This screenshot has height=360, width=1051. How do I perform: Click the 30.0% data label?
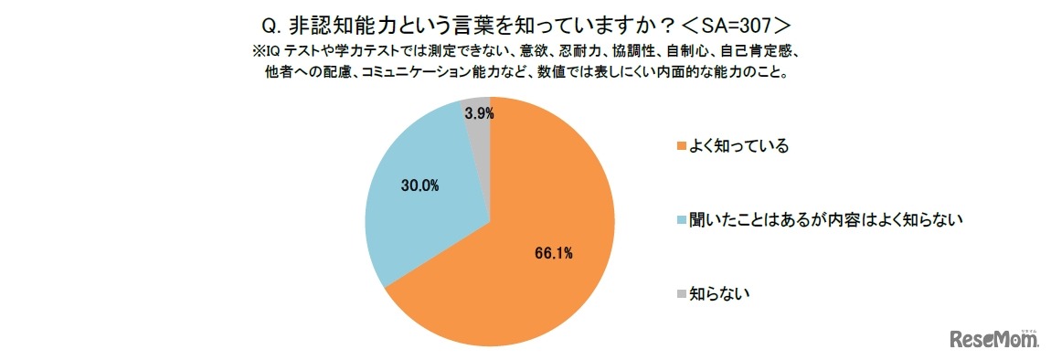pyautogui.click(x=420, y=185)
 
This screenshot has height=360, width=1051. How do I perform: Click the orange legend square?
pyautogui.click(x=680, y=147)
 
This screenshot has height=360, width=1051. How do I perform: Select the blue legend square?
pyautogui.click(x=680, y=220)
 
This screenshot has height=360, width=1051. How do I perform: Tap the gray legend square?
pyautogui.click(x=680, y=293)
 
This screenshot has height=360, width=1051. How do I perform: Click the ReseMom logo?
pyautogui.click(x=995, y=340)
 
